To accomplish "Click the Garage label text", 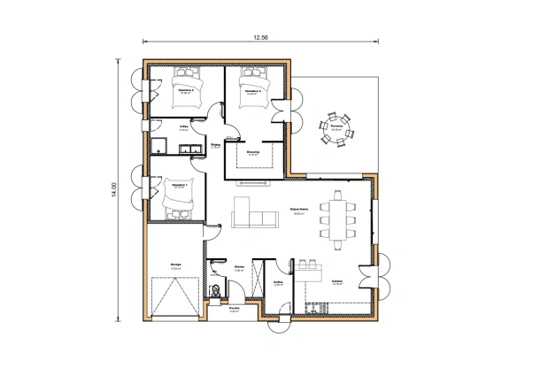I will (175, 264).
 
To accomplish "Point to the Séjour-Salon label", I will (298, 211).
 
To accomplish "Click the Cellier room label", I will (277, 284).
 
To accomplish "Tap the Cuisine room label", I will (337, 283).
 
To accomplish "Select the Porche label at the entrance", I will (235, 310).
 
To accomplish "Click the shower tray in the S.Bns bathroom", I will (158, 146).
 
